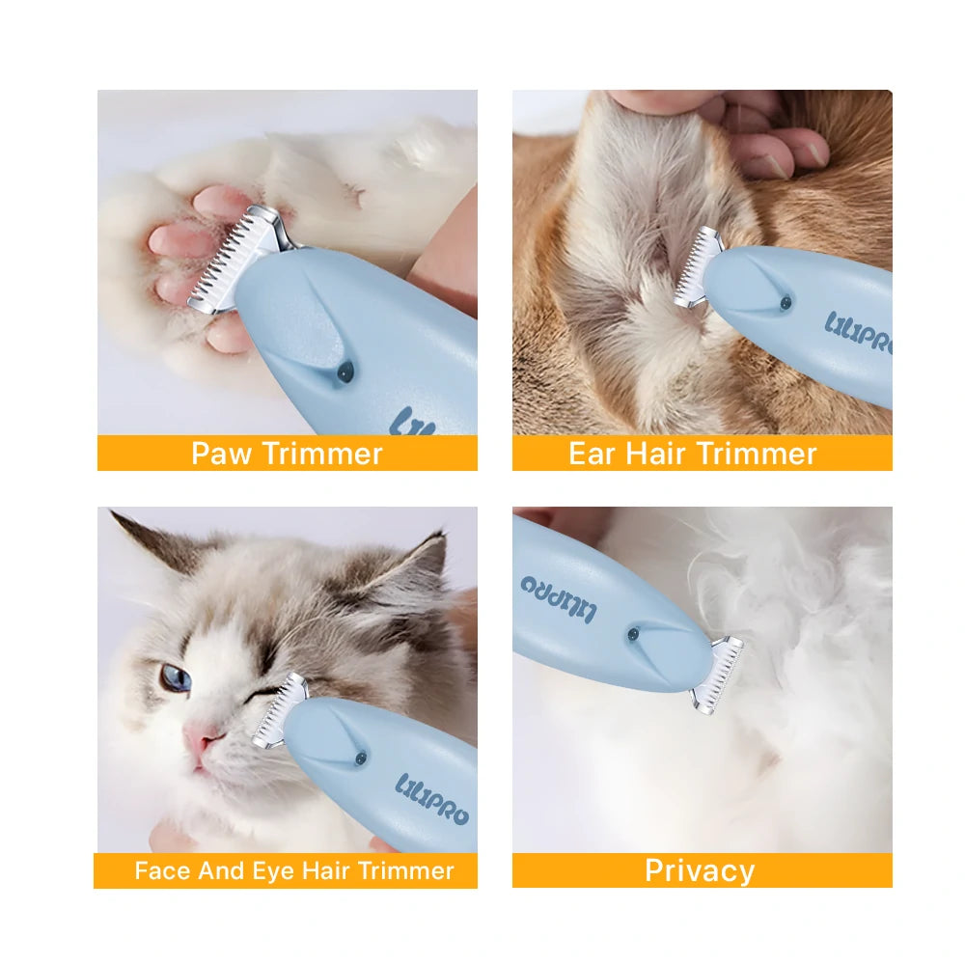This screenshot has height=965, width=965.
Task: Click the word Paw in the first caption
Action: click(222, 455)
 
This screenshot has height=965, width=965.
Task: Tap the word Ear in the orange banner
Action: click(593, 454)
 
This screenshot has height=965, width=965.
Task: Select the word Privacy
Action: click(700, 870)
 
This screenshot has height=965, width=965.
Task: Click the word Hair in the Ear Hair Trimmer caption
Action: click(655, 454)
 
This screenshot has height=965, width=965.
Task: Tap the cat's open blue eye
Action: click(176, 677)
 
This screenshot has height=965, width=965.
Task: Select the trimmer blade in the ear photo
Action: click(698, 267)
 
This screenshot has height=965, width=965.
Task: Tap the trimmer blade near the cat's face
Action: click(280, 711)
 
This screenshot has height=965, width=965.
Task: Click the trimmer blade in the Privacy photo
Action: click(718, 674)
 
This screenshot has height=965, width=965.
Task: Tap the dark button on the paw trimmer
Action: click(345, 372)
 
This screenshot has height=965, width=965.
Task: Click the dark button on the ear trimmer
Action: click(786, 303)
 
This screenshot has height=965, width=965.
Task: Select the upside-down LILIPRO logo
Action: click(558, 599)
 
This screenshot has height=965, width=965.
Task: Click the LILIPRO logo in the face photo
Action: click(432, 799)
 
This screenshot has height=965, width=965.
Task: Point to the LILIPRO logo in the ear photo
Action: click(859, 333)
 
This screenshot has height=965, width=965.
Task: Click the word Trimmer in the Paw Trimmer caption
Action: click(322, 455)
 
